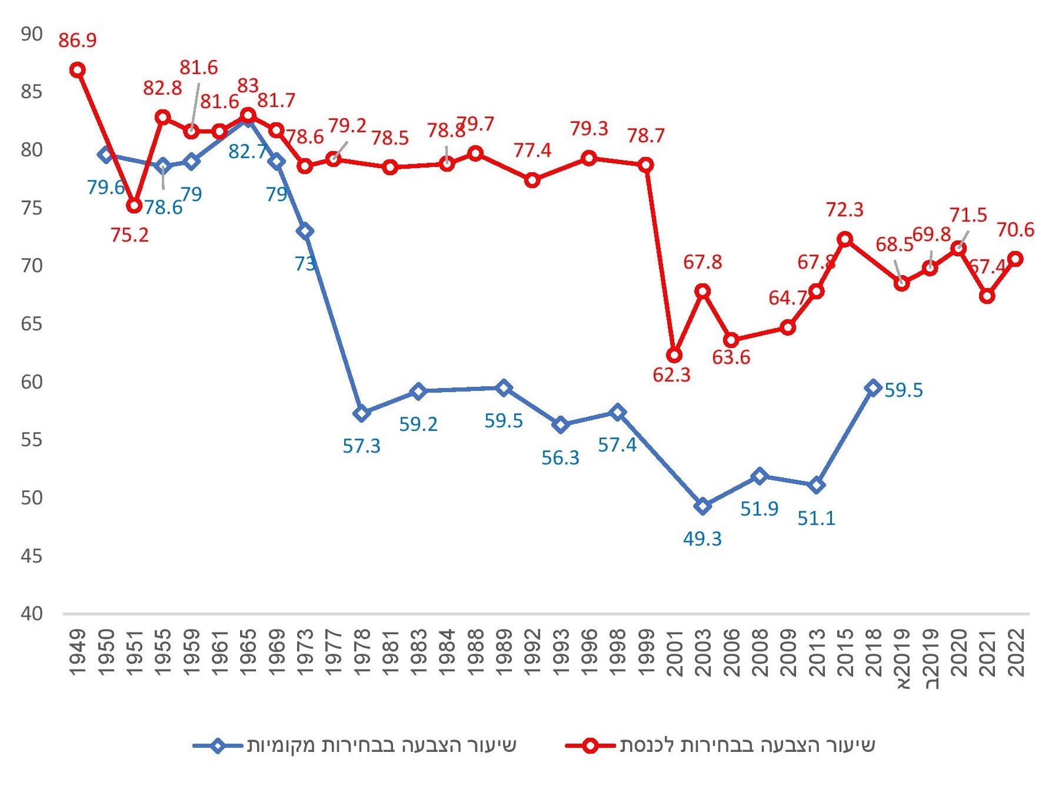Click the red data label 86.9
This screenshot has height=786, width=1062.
pos(77,41)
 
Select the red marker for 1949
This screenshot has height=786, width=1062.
pos(77,70)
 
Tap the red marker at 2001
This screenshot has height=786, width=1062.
pos(674,355)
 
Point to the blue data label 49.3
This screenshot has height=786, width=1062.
pos(702,539)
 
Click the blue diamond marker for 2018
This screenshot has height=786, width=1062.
pos(873,387)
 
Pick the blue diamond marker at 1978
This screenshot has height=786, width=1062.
pos(362,413)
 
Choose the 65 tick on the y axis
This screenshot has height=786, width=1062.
pos(32,324)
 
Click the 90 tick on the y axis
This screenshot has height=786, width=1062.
pos(32,34)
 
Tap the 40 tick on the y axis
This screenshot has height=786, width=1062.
pos(32,614)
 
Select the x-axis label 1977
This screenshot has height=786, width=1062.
pos(333,653)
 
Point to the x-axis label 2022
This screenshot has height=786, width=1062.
pos(1015,653)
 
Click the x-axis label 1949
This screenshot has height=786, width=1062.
pos(77,653)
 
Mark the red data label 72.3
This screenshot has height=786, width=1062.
pos(844,210)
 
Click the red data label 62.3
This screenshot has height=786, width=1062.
pos(671,375)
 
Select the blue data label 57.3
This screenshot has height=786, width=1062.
pos(361,446)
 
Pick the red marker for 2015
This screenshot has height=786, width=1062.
pos(845,239)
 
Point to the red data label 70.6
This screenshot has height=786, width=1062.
pos(1015,230)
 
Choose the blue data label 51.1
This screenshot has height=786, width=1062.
pos(816,519)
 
